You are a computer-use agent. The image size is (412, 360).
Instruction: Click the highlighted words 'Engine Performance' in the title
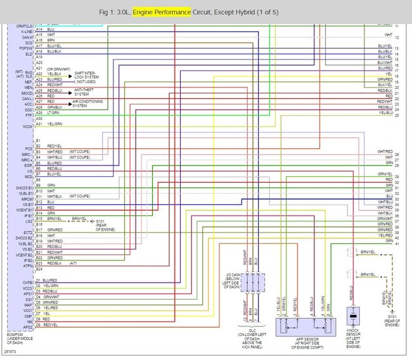(162, 12)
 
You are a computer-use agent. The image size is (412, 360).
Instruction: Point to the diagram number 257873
(10, 350)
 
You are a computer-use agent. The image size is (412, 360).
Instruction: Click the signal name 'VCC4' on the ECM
(27, 127)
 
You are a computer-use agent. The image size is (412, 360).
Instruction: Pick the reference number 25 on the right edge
(397, 115)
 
